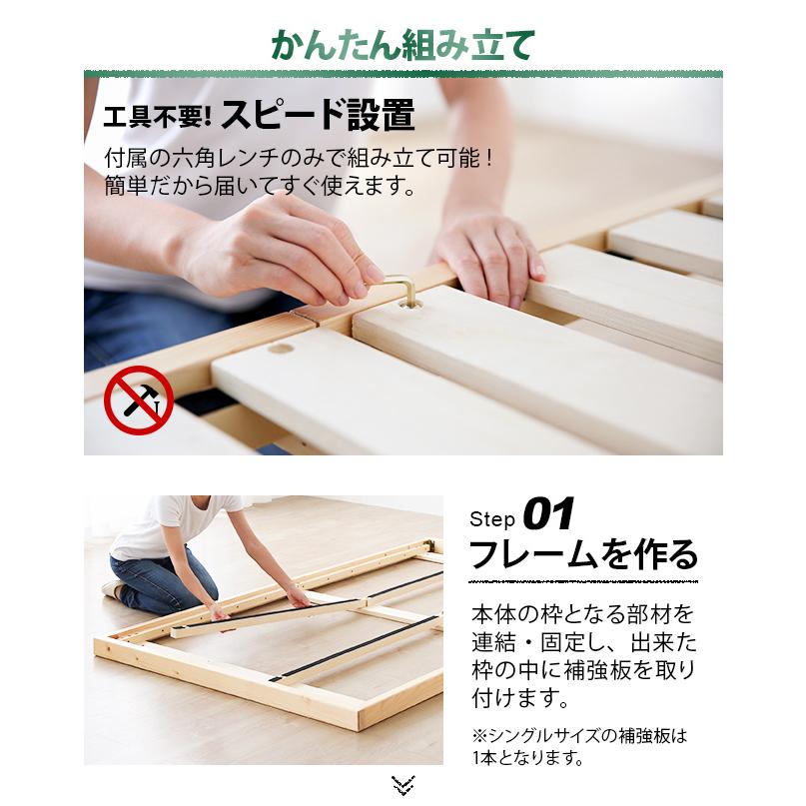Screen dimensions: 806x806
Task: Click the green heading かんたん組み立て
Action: pos(403,45)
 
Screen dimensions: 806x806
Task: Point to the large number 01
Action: pos(548,516)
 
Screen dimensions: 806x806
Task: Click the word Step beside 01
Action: pos(492,520)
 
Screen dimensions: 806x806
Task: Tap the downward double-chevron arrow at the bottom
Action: pos(403,785)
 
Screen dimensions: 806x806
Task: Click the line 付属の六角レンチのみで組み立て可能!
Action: pos(300,160)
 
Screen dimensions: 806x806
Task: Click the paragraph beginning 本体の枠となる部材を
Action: pos(583,654)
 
